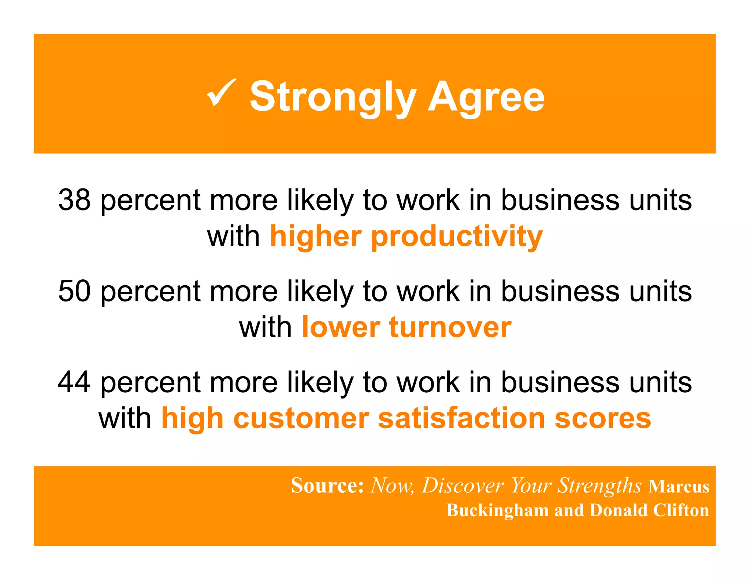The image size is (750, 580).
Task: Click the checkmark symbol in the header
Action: pyautogui.click(x=222, y=93)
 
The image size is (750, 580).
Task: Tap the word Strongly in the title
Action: pyautogui.click(x=333, y=97)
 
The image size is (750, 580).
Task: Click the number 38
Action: pyautogui.click(x=74, y=200)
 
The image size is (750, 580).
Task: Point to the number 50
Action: pyautogui.click(x=74, y=291)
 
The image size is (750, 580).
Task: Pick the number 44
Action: pyautogui.click(x=74, y=382)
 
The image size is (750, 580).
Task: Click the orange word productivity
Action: pyautogui.click(x=457, y=237)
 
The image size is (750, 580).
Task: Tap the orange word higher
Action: pyautogui.click(x=316, y=236)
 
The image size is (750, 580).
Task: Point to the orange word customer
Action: pyautogui.click(x=301, y=418)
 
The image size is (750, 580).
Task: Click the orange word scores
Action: pyautogui.click(x=603, y=418)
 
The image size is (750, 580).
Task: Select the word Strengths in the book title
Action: pyautogui.click(x=599, y=486)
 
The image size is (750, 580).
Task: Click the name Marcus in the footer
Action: pyautogui.click(x=679, y=487)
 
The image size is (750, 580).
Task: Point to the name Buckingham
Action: pyautogui.click(x=497, y=510)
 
